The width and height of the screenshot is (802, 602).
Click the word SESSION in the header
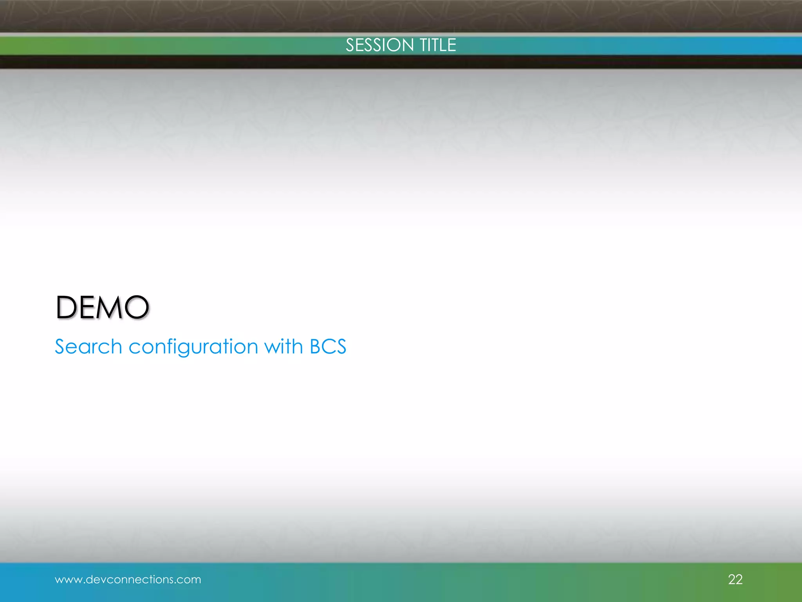pos(379,45)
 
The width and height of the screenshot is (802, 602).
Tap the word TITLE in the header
pos(438,45)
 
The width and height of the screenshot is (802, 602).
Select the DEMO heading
pos(102,307)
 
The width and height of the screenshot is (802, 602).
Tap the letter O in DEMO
pos(137,307)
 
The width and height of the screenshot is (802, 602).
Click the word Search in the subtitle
pos(89,346)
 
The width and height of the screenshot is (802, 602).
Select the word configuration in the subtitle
pos(193,347)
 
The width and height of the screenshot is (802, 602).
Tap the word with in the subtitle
pos(284,346)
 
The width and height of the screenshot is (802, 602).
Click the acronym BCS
pos(328,346)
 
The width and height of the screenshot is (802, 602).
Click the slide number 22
pos(735,579)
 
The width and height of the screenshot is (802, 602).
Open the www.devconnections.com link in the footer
pos(128,579)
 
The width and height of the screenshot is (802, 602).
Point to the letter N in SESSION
pos(407,45)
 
